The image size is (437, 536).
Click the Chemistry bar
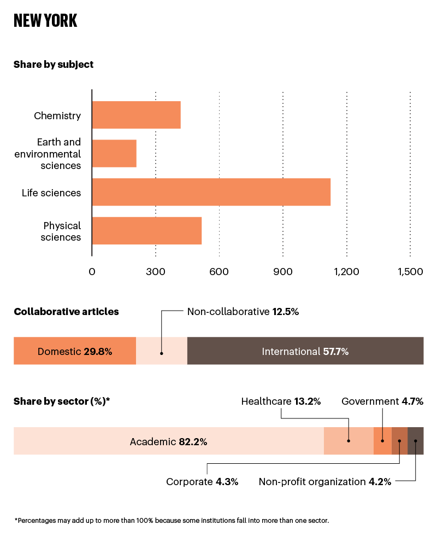pos(136,115)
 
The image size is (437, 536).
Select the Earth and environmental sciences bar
pos(114,153)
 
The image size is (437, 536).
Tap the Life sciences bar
pos(211,192)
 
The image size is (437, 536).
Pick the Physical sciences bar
pos(146,230)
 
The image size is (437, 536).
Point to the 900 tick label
pos(283,272)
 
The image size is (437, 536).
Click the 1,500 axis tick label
pos(410,272)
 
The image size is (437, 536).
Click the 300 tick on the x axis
pos(156,272)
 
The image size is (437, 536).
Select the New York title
pos(45,21)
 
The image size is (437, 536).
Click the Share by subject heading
pos(54,65)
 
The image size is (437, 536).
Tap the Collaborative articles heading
pos(66,312)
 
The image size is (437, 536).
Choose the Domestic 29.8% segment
pos(75,351)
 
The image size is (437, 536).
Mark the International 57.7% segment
pos(305,351)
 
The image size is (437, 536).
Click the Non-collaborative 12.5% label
pos(243,312)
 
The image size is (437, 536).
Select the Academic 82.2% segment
pos(168,441)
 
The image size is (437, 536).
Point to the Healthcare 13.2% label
pos(281,401)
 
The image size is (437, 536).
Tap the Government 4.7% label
pos(382,401)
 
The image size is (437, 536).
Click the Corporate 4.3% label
pos(202,482)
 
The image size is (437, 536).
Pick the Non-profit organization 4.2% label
pos(325,482)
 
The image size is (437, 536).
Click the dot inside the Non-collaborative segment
pos(162,353)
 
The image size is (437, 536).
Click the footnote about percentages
pos(172,520)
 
